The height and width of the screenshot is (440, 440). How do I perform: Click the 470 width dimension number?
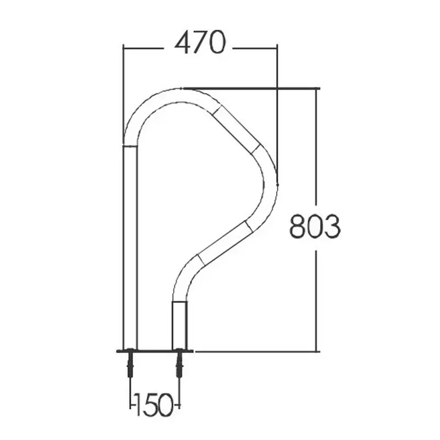pyautogui.click(x=200, y=42)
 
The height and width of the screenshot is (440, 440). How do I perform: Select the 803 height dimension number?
pyautogui.click(x=315, y=227)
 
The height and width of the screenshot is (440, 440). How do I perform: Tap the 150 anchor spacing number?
pyautogui.click(x=154, y=404)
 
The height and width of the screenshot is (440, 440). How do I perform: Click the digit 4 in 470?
pyautogui.click(x=183, y=42)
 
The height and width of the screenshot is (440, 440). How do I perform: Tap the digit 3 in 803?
pyautogui.click(x=332, y=227)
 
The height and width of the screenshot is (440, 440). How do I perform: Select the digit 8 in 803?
pyautogui.click(x=297, y=227)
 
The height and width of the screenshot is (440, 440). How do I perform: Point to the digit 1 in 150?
pyautogui.click(x=139, y=404)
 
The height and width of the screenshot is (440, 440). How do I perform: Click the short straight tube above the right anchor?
pyautogui.click(x=179, y=326)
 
